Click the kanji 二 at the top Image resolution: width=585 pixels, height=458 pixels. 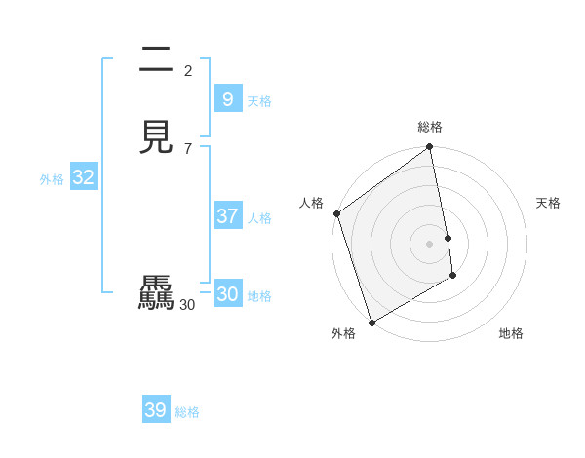pos(156,64)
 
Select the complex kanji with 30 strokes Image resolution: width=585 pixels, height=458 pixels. pos(156,294)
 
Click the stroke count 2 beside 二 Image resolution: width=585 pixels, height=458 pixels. pos(188,71)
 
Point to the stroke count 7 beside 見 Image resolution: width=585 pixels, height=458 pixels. pos(188,148)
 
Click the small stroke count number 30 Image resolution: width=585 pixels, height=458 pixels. pos(187,305)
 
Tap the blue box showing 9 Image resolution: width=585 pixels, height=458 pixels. pos(227,99)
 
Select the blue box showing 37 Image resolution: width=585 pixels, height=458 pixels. pos(227,216)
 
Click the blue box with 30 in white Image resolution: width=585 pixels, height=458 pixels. pos(227,294)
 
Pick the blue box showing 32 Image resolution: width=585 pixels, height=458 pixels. pos(83,177)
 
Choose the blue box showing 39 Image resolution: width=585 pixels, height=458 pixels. pos(156,410)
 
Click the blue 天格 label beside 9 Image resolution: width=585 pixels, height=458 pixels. pos(259,101)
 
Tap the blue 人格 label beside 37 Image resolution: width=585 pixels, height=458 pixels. pos(259,218)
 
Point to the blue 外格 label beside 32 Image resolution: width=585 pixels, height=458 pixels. pos(52,179)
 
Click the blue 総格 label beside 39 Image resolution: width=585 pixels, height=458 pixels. pos(187,412)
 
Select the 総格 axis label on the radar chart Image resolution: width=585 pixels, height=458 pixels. pos(430,127)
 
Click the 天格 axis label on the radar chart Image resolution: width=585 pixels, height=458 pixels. pos(549,203)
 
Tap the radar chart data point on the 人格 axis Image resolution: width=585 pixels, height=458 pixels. pos(336,213)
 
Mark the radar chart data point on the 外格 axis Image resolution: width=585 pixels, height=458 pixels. pos(371,322)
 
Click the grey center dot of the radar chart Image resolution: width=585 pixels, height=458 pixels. pos(430,243)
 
